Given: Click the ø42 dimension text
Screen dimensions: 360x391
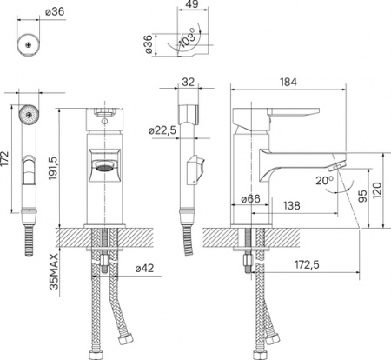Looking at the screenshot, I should tap(144, 270).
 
